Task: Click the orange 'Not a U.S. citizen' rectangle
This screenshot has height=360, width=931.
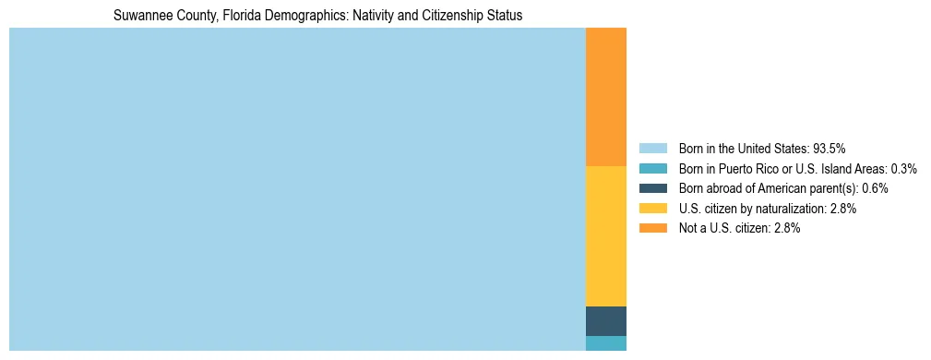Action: click(606, 97)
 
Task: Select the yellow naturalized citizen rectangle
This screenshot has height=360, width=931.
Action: click(606, 235)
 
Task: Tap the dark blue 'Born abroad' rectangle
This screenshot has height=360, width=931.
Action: click(606, 320)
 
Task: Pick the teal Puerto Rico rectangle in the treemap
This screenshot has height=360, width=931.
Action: click(606, 343)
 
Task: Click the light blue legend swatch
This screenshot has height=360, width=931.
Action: click(652, 148)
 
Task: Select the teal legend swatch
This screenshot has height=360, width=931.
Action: click(652, 168)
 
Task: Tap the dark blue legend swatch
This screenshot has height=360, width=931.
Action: click(652, 188)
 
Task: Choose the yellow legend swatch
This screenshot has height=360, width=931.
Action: click(652, 209)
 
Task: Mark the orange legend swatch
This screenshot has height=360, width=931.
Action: click(652, 228)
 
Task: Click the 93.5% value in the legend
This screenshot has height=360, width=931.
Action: click(829, 148)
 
